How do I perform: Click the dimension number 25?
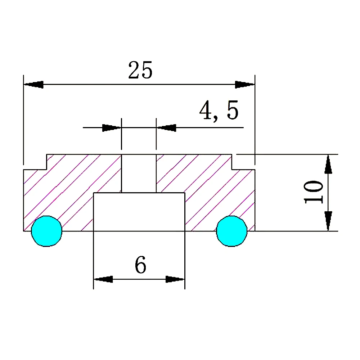point(140,70)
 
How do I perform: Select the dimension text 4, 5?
point(219,111)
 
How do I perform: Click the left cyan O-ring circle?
point(46,231)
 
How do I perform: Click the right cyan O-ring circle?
point(232,231)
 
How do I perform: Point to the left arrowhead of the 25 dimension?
point(34,85)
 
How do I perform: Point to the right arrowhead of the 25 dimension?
point(244,85)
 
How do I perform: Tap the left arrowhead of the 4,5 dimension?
point(111,127)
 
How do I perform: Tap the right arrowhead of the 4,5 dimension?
point(166,127)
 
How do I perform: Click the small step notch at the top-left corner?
point(35,162)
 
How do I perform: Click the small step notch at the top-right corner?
point(243,162)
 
